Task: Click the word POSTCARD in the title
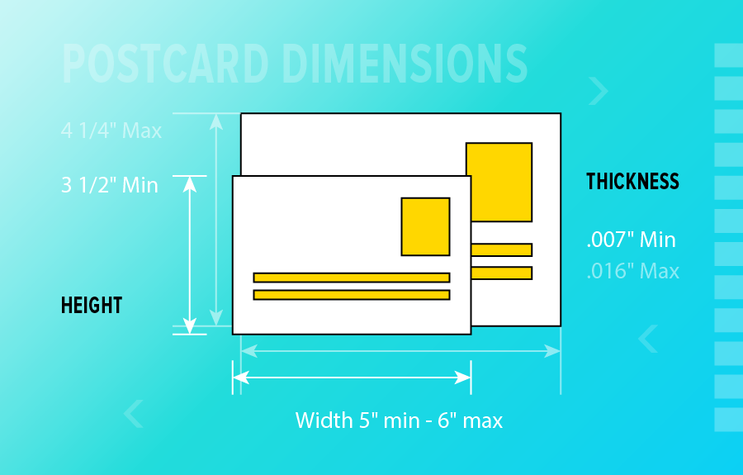point(165,64)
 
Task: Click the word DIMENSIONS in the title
point(405,64)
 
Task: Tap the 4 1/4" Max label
point(111,131)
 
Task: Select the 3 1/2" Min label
point(110,185)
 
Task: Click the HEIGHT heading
point(92,305)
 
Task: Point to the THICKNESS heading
point(632,182)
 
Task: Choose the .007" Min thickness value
point(632,240)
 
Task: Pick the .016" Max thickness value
point(633,271)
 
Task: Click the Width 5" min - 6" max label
point(399,420)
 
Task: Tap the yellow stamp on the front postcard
point(425,226)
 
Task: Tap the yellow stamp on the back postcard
point(499,182)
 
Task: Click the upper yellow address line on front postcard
point(352,278)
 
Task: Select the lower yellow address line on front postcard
point(352,295)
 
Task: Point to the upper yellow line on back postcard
point(502,249)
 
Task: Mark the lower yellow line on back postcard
point(502,273)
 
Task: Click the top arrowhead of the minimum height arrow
point(190,184)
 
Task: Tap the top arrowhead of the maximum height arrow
point(216,121)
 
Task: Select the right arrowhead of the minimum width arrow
point(462,378)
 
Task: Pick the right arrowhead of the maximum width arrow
point(552,351)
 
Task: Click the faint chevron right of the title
point(599,91)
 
